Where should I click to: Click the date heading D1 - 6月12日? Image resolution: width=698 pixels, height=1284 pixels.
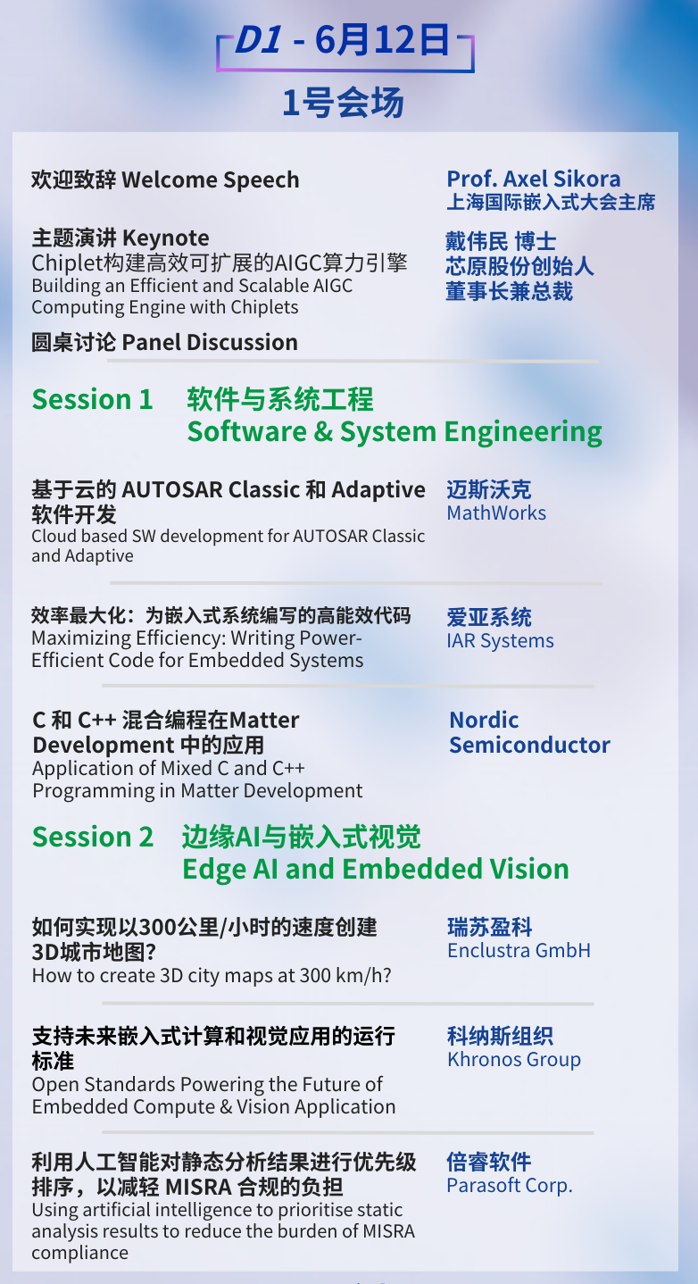[343, 40]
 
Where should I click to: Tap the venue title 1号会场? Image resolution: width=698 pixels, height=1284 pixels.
[344, 104]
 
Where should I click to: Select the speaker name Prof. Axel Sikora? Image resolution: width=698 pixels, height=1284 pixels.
[534, 179]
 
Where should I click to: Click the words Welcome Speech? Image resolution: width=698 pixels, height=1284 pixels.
[211, 180]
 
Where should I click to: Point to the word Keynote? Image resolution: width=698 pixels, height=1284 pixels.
[166, 238]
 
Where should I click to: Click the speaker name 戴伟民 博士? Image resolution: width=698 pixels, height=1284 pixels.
[501, 241]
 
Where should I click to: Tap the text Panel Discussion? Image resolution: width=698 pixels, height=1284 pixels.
[210, 342]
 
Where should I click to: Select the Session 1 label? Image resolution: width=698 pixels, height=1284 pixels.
[92, 399]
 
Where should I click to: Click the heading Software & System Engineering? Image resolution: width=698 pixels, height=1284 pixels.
[395, 432]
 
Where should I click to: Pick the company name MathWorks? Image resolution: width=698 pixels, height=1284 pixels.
[496, 513]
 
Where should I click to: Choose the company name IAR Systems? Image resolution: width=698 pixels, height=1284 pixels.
[500, 641]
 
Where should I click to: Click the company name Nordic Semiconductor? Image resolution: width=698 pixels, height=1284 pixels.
[529, 732]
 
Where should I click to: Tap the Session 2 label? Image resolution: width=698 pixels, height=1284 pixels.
[93, 837]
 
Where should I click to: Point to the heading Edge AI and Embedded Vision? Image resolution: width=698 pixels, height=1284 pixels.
[376, 869]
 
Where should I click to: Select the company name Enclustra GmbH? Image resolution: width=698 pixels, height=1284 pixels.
[519, 950]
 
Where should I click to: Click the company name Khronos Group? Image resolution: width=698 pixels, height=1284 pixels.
[514, 1059]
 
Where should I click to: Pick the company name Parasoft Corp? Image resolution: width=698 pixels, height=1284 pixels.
[510, 1186]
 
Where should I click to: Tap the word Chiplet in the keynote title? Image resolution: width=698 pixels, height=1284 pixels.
[66, 263]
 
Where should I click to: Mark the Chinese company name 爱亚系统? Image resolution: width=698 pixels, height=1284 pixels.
[489, 617]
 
